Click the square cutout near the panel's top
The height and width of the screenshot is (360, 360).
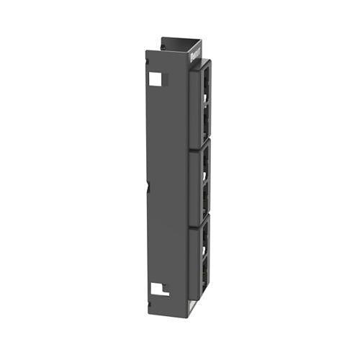(155, 78)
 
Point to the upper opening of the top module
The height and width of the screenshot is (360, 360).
(206, 79)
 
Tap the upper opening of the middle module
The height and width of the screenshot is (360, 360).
(206, 162)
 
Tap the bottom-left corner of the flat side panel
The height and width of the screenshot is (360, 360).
(149, 318)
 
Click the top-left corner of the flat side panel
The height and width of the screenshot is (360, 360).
(146, 51)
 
